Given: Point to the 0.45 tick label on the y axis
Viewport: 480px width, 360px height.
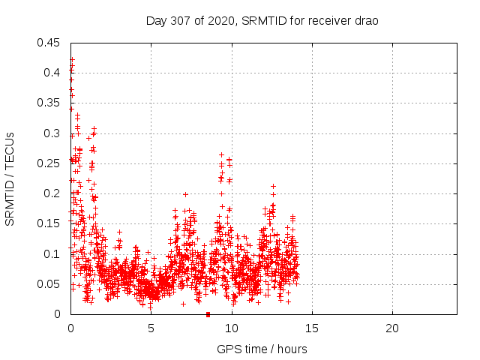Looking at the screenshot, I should (x=49, y=43).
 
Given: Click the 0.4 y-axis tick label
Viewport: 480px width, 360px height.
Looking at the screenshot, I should (x=52, y=73).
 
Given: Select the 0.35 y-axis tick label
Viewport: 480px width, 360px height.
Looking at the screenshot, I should (x=49, y=103).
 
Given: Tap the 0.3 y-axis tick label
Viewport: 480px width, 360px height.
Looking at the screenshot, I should (x=52, y=133).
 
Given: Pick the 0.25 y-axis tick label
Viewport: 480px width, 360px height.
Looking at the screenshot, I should (x=49, y=163).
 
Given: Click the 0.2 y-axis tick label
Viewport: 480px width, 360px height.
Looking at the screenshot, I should (x=52, y=193).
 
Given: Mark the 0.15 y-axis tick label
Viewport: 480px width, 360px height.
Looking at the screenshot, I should (x=49, y=223).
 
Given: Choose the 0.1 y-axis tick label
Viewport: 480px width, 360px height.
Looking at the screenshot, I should (x=52, y=253).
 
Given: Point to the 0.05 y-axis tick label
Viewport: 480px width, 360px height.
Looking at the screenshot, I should (x=49, y=283).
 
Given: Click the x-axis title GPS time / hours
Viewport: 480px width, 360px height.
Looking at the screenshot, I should (x=262, y=349).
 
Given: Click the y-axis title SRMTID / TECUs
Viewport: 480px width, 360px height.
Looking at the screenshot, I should (x=10, y=178).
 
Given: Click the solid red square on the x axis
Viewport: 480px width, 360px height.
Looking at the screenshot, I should (x=208, y=313).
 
